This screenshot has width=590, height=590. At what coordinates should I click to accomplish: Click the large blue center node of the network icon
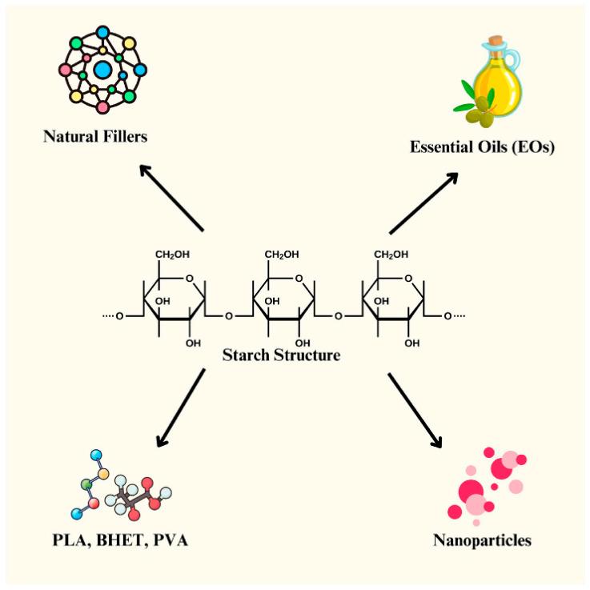click(102, 70)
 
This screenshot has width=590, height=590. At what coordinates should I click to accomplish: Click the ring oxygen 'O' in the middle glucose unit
click(298, 279)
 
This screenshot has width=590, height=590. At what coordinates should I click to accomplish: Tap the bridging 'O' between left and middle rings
click(229, 315)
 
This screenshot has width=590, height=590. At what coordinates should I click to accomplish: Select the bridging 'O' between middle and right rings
click(338, 315)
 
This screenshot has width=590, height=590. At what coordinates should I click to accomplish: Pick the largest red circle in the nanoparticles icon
click(472, 490)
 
